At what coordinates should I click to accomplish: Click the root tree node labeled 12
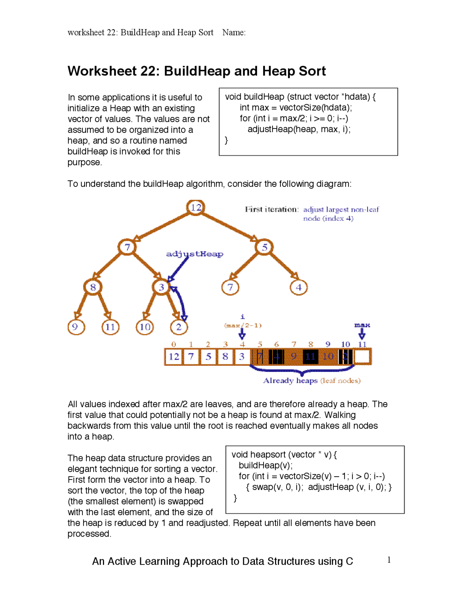point(196,207)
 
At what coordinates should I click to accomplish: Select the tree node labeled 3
point(161,287)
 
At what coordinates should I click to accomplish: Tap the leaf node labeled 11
point(110,327)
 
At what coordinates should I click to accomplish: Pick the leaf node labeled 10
point(145,327)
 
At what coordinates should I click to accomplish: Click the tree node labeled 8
point(93,287)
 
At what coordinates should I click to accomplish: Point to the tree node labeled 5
point(265,247)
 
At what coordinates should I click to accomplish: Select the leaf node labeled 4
point(299,287)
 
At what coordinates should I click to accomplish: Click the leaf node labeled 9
point(75,327)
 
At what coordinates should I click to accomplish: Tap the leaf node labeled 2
point(179,327)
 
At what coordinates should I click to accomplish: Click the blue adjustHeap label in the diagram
point(194,254)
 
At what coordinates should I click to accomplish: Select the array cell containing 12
point(174,357)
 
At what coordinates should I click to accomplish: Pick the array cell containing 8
point(225,357)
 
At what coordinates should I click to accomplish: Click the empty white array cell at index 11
point(362,357)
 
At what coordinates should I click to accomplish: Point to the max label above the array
point(362,325)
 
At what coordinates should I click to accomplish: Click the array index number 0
point(174,344)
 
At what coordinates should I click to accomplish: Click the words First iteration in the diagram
point(271,209)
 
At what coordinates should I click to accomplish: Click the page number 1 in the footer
point(389,560)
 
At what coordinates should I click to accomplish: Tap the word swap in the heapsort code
point(262,487)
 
